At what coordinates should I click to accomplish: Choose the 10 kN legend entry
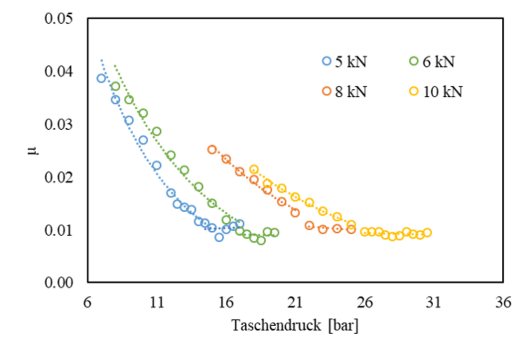tap(436, 91)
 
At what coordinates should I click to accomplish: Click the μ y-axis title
tap(32, 151)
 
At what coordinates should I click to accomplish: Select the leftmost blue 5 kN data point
tap(101, 78)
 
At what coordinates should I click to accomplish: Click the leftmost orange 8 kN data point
tap(212, 150)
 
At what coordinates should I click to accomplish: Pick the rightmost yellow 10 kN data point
tap(427, 233)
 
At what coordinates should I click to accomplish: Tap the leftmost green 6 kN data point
tap(115, 86)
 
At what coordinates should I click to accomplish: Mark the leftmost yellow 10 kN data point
tap(254, 169)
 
